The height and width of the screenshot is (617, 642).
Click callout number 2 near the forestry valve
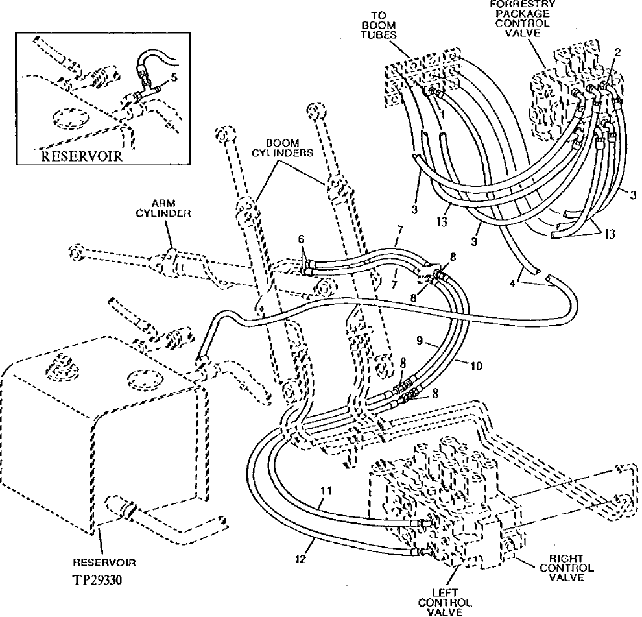point(618,53)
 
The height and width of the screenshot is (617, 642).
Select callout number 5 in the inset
point(174,77)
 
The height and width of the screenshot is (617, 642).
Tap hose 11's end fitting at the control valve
point(424,522)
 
